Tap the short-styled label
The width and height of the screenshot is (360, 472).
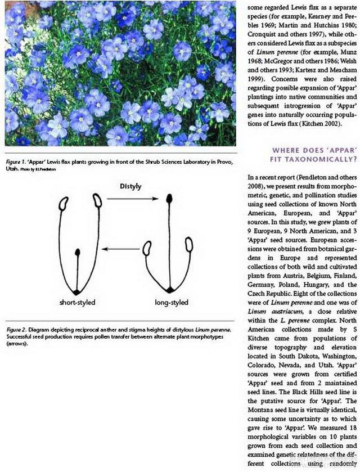point(77,302)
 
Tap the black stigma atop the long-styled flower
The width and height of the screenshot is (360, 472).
point(169,199)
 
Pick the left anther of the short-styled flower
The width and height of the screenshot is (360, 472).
point(65,202)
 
